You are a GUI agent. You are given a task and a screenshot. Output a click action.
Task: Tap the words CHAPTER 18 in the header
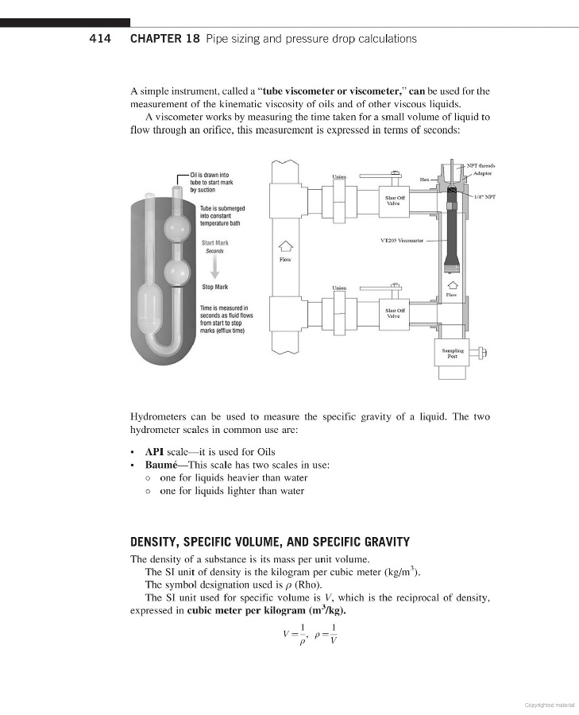(x=164, y=38)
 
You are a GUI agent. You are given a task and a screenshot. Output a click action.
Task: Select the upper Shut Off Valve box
(x=395, y=200)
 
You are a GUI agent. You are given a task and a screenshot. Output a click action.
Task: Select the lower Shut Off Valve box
(x=395, y=313)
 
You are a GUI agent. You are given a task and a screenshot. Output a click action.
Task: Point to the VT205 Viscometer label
(x=403, y=239)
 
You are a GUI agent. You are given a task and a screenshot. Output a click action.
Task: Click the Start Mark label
(x=214, y=242)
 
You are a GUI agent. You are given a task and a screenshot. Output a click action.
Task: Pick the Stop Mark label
(x=214, y=287)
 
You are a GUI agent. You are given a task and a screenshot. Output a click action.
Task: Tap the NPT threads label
(x=481, y=165)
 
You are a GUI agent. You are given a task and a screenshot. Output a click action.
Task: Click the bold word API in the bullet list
(x=154, y=451)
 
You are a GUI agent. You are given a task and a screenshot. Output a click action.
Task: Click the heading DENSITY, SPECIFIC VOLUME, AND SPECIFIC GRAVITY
(x=269, y=543)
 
